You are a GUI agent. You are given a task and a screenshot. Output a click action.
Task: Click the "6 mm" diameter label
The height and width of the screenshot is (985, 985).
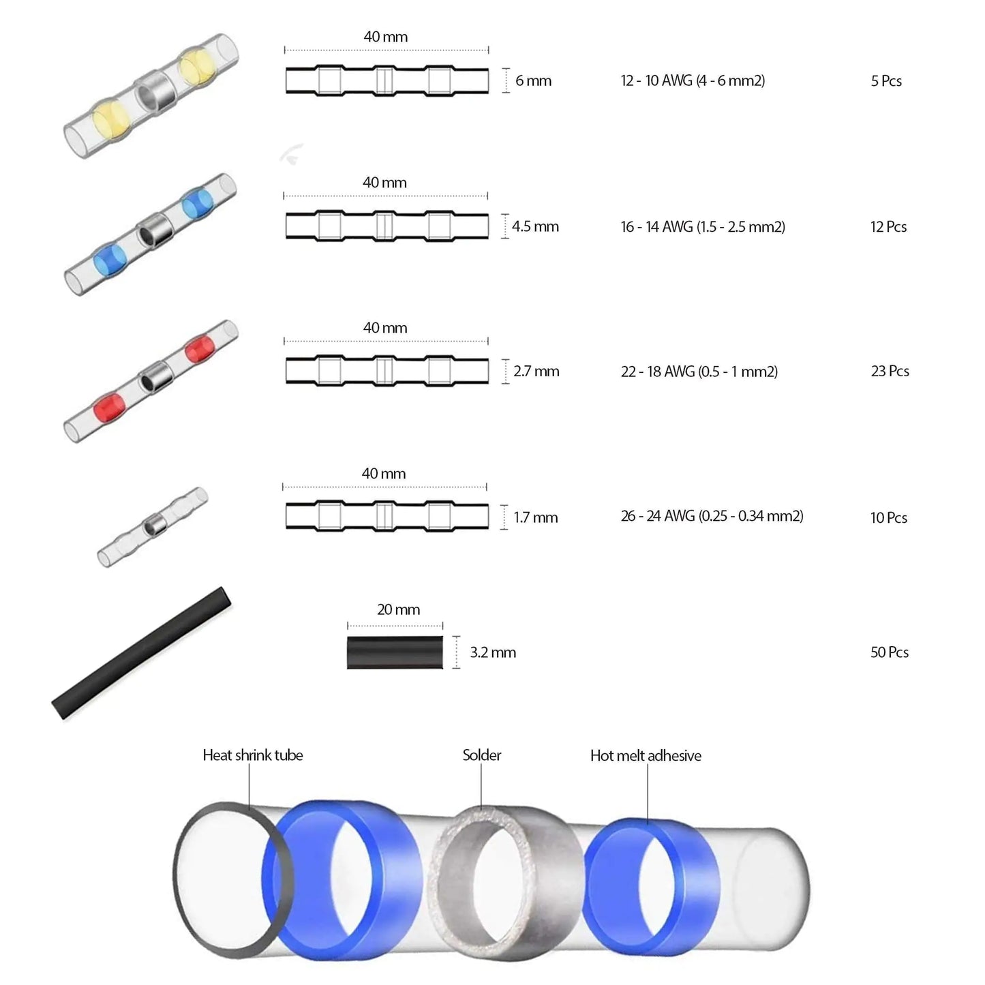click(x=533, y=80)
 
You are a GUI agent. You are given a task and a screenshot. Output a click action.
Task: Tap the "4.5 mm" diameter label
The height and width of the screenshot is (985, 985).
click(x=535, y=226)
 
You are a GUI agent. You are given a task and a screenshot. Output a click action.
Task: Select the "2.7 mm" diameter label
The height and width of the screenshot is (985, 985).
click(x=536, y=372)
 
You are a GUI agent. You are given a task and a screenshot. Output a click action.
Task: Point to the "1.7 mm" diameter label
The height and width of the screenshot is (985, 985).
click(x=535, y=517)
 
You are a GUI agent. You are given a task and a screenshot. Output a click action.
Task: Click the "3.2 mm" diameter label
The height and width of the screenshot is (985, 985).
click(x=492, y=652)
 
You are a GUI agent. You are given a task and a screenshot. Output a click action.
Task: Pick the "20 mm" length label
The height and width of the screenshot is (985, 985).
click(x=398, y=609)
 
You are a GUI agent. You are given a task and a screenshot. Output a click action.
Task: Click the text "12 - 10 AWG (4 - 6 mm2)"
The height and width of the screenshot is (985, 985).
click(x=693, y=80)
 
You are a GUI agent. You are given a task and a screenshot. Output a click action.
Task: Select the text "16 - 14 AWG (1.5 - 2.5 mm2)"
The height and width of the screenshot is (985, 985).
click(x=703, y=226)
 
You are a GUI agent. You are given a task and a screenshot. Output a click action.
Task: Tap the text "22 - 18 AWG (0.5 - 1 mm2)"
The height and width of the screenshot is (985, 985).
click(x=699, y=372)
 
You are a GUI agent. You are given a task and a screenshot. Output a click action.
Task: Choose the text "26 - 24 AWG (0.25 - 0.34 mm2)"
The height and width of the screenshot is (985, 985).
click(x=712, y=516)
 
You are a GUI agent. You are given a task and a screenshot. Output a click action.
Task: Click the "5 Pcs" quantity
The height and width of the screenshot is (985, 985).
click(x=886, y=81)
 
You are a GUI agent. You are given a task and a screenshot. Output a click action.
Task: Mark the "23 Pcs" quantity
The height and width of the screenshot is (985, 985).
click(x=890, y=371)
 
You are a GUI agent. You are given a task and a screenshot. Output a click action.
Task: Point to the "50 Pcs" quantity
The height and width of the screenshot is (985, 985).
click(x=889, y=652)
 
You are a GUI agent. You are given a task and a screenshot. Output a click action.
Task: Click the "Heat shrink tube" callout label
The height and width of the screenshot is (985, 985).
click(x=253, y=755)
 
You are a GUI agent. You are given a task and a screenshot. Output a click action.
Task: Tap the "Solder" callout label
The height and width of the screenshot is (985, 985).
click(x=481, y=755)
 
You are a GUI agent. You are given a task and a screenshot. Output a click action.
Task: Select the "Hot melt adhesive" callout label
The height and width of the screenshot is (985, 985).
click(x=646, y=755)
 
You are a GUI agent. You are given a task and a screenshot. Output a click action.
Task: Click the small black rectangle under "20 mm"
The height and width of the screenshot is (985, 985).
click(x=395, y=652)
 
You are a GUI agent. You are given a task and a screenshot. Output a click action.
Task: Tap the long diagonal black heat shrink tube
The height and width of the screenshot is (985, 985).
click(x=142, y=653)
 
